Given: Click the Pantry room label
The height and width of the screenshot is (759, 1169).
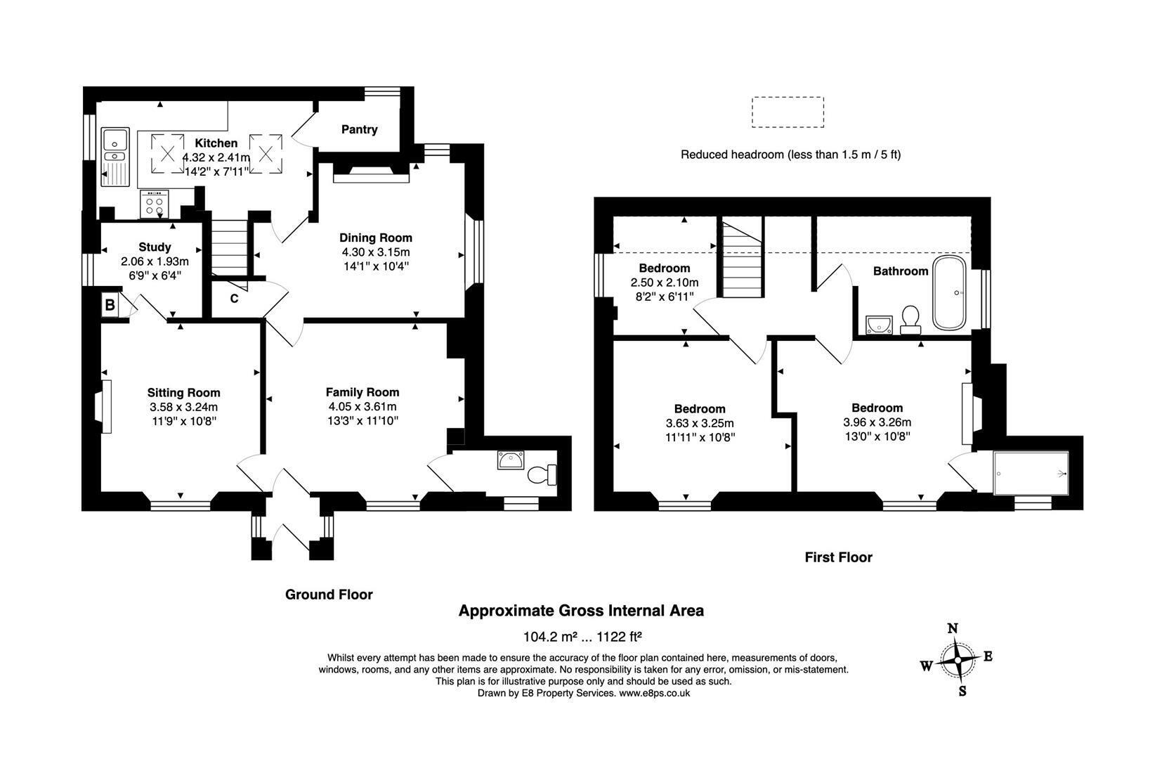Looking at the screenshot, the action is pyautogui.click(x=359, y=129).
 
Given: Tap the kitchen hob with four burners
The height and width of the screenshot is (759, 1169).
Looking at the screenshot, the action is pyautogui.click(x=155, y=204).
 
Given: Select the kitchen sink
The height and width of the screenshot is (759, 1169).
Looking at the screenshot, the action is pyautogui.click(x=115, y=157).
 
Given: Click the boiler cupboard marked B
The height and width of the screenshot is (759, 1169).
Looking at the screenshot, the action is pyautogui.click(x=110, y=304).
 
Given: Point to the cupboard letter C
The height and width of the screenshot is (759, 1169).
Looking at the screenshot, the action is pyautogui.click(x=235, y=299).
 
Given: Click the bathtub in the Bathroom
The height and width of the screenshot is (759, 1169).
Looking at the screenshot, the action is pyautogui.click(x=949, y=292).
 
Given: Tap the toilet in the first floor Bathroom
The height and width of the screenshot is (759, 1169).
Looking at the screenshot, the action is pyautogui.click(x=910, y=320).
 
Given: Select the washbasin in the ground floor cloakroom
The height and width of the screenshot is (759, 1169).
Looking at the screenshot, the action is pyautogui.click(x=511, y=460).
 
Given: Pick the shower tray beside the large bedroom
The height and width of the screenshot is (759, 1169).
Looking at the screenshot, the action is pyautogui.click(x=1031, y=474).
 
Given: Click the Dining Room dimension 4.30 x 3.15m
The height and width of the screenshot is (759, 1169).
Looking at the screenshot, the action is pyautogui.click(x=376, y=252).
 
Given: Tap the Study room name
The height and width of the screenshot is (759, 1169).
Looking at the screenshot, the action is pyautogui.click(x=155, y=247).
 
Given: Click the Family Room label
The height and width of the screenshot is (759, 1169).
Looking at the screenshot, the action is pyautogui.click(x=363, y=392).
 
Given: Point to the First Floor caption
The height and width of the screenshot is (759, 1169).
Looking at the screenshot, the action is pyautogui.click(x=838, y=557).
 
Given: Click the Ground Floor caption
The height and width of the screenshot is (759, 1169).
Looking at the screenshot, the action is pyautogui.click(x=329, y=595).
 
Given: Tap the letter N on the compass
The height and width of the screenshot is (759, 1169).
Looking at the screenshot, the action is pyautogui.click(x=953, y=629).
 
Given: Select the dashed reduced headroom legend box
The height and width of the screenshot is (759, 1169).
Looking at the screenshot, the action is pyautogui.click(x=788, y=112).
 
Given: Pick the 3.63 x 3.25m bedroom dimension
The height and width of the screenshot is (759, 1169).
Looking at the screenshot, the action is pyautogui.click(x=699, y=423).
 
